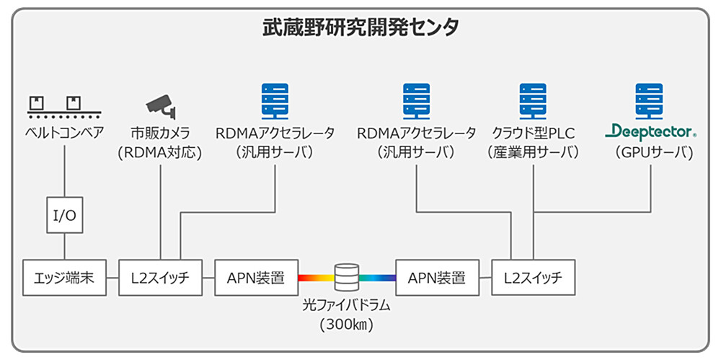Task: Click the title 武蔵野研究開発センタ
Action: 360,28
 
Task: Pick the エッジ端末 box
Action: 64,277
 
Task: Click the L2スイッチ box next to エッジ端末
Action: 161,277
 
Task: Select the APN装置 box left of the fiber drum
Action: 257,277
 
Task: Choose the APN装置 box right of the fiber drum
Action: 437,277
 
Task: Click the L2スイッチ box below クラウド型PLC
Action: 534,277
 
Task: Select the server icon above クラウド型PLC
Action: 534,100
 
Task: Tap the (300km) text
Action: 347,325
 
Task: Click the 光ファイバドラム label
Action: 347,305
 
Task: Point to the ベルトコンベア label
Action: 65,133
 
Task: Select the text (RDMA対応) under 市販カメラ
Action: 161,152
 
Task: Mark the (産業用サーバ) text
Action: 534,152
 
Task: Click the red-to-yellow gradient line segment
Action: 316,277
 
